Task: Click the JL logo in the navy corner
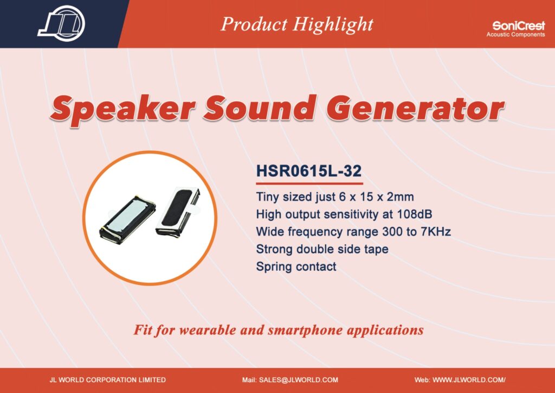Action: pyautogui.click(x=61, y=23)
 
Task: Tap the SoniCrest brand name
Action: pyautogui.click(x=519, y=26)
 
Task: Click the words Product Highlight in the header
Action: pyautogui.click(x=297, y=25)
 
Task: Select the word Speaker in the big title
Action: pyautogui.click(x=122, y=109)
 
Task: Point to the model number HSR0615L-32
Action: pyautogui.click(x=308, y=171)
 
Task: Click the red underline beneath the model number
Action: pyautogui.click(x=309, y=183)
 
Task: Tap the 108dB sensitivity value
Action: pyautogui.click(x=415, y=214)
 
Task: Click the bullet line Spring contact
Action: pyautogui.click(x=296, y=267)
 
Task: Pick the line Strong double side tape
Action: pyautogui.click(x=322, y=249)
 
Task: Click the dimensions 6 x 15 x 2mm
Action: pyautogui.click(x=377, y=197)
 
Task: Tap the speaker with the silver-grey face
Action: pyautogui.click(x=127, y=219)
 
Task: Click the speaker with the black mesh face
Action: pyautogui.click(x=178, y=212)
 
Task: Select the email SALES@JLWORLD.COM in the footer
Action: pyautogui.click(x=299, y=380)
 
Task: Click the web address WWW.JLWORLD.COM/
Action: pyautogui.click(x=469, y=380)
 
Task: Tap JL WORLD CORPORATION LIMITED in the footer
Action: pyautogui.click(x=108, y=380)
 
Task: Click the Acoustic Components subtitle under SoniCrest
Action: pyautogui.click(x=516, y=35)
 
